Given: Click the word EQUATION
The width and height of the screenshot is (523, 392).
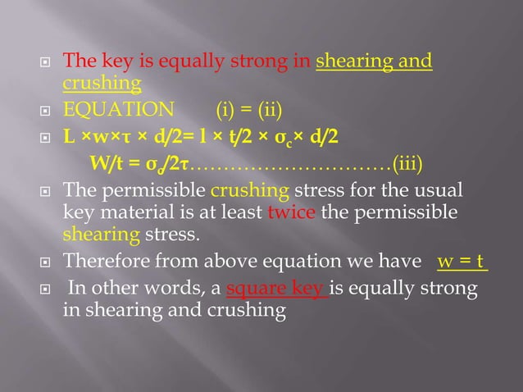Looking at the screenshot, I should click(x=118, y=110).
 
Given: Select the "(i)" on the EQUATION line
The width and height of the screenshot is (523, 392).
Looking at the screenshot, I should click(x=226, y=110).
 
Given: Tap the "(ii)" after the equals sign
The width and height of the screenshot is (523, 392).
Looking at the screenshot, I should click(x=275, y=110).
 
